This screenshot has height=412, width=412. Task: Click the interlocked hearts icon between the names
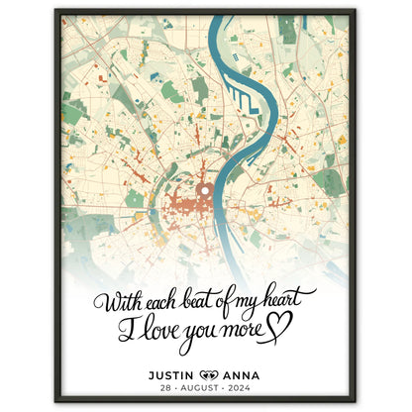207,375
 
